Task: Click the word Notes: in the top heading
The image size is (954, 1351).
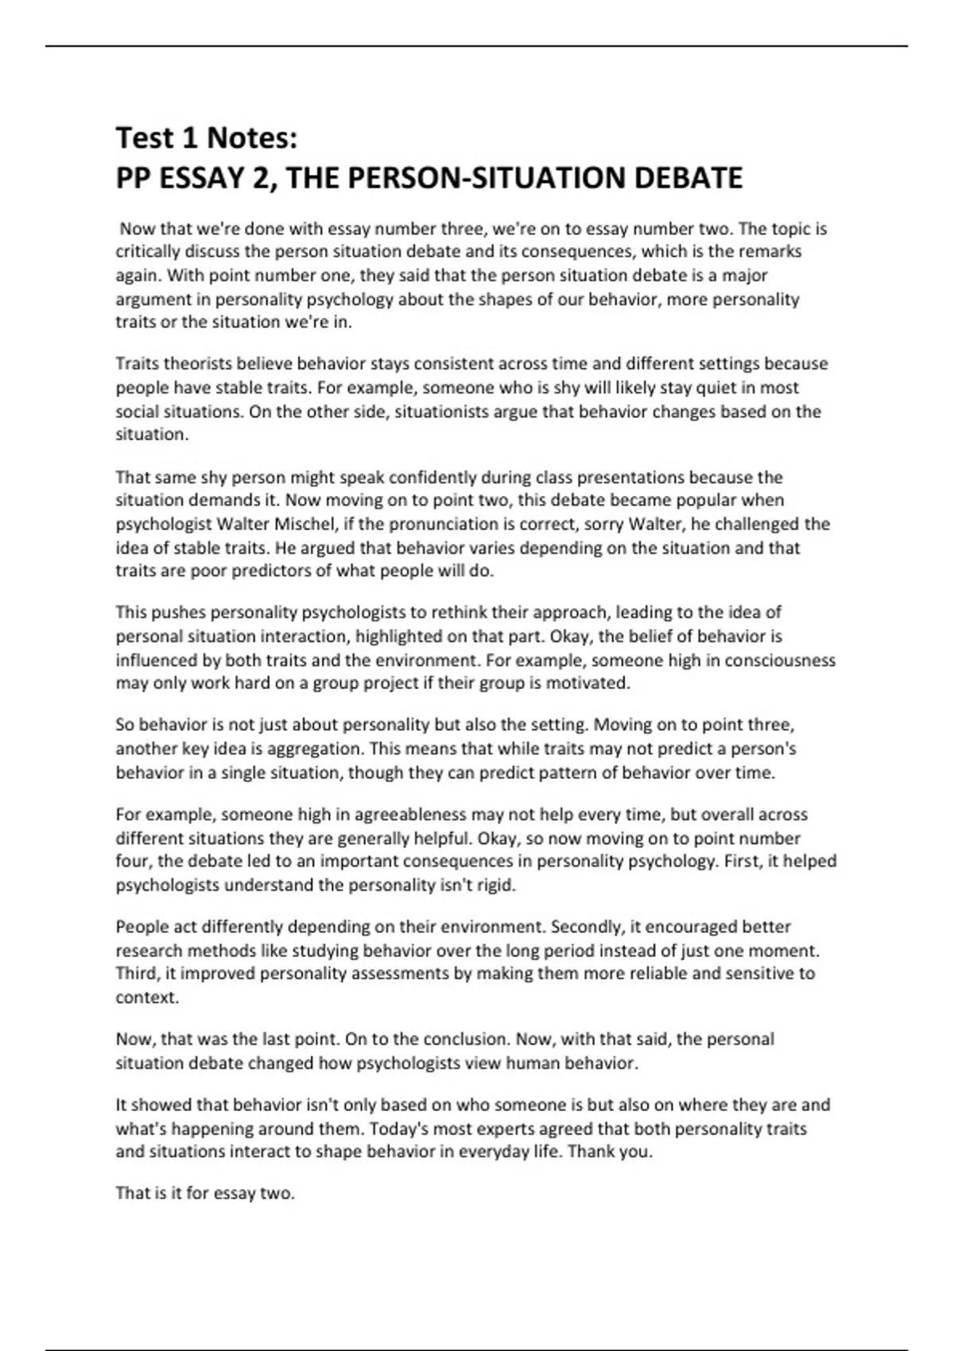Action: click(x=252, y=138)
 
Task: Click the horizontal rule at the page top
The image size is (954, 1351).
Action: click(x=477, y=46)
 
